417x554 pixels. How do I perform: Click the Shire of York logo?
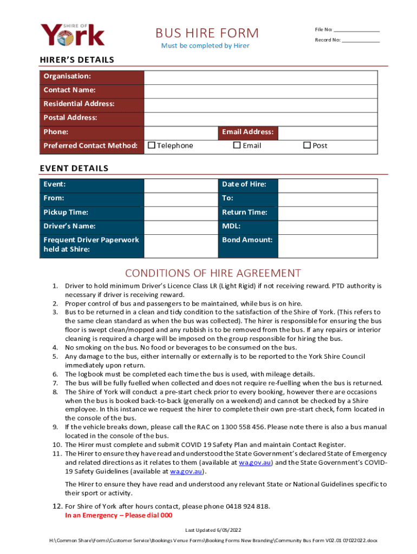click(73, 35)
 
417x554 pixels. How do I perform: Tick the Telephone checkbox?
click(152, 145)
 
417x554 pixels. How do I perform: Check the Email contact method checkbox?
click(237, 145)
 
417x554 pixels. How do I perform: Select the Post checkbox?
click(307, 145)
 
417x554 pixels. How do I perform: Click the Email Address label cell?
click(247, 132)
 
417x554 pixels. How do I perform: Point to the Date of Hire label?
click(244, 184)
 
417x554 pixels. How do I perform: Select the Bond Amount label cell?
click(247, 240)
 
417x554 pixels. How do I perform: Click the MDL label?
click(231, 226)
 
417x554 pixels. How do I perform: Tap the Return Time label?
click(244, 213)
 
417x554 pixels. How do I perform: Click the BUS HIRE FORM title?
click(207, 33)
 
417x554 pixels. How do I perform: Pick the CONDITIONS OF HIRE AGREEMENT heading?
click(213, 273)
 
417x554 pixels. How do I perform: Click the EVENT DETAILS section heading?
click(74, 168)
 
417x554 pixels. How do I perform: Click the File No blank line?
click(356, 30)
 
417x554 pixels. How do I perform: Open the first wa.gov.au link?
click(255, 463)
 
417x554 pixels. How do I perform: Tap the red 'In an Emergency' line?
click(119, 516)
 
